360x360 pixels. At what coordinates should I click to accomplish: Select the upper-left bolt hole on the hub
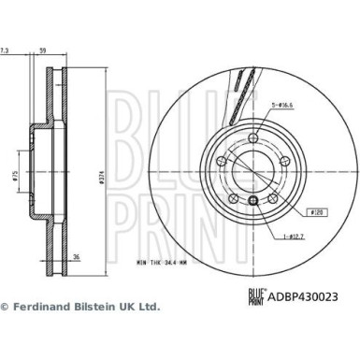221,160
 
